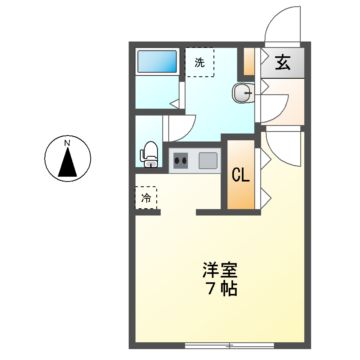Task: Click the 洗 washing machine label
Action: pyautogui.click(x=199, y=63)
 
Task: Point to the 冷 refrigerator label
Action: pyautogui.click(x=145, y=197)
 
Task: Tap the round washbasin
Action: pyautogui.click(x=241, y=95)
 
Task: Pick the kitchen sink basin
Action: pyautogui.click(x=206, y=160)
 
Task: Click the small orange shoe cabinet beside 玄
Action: pyautogui.click(x=249, y=62)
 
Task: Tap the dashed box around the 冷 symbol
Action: pyautogui.click(x=145, y=197)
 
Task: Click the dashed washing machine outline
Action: pyautogui.click(x=200, y=62)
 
